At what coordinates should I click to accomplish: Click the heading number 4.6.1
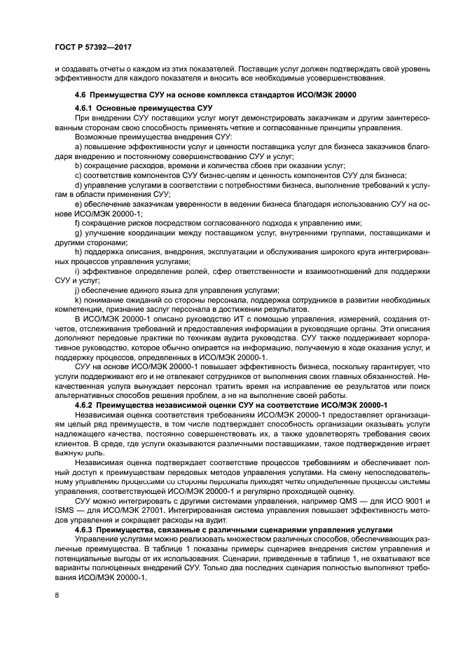pos(83,108)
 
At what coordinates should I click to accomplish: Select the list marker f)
pos(77,222)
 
